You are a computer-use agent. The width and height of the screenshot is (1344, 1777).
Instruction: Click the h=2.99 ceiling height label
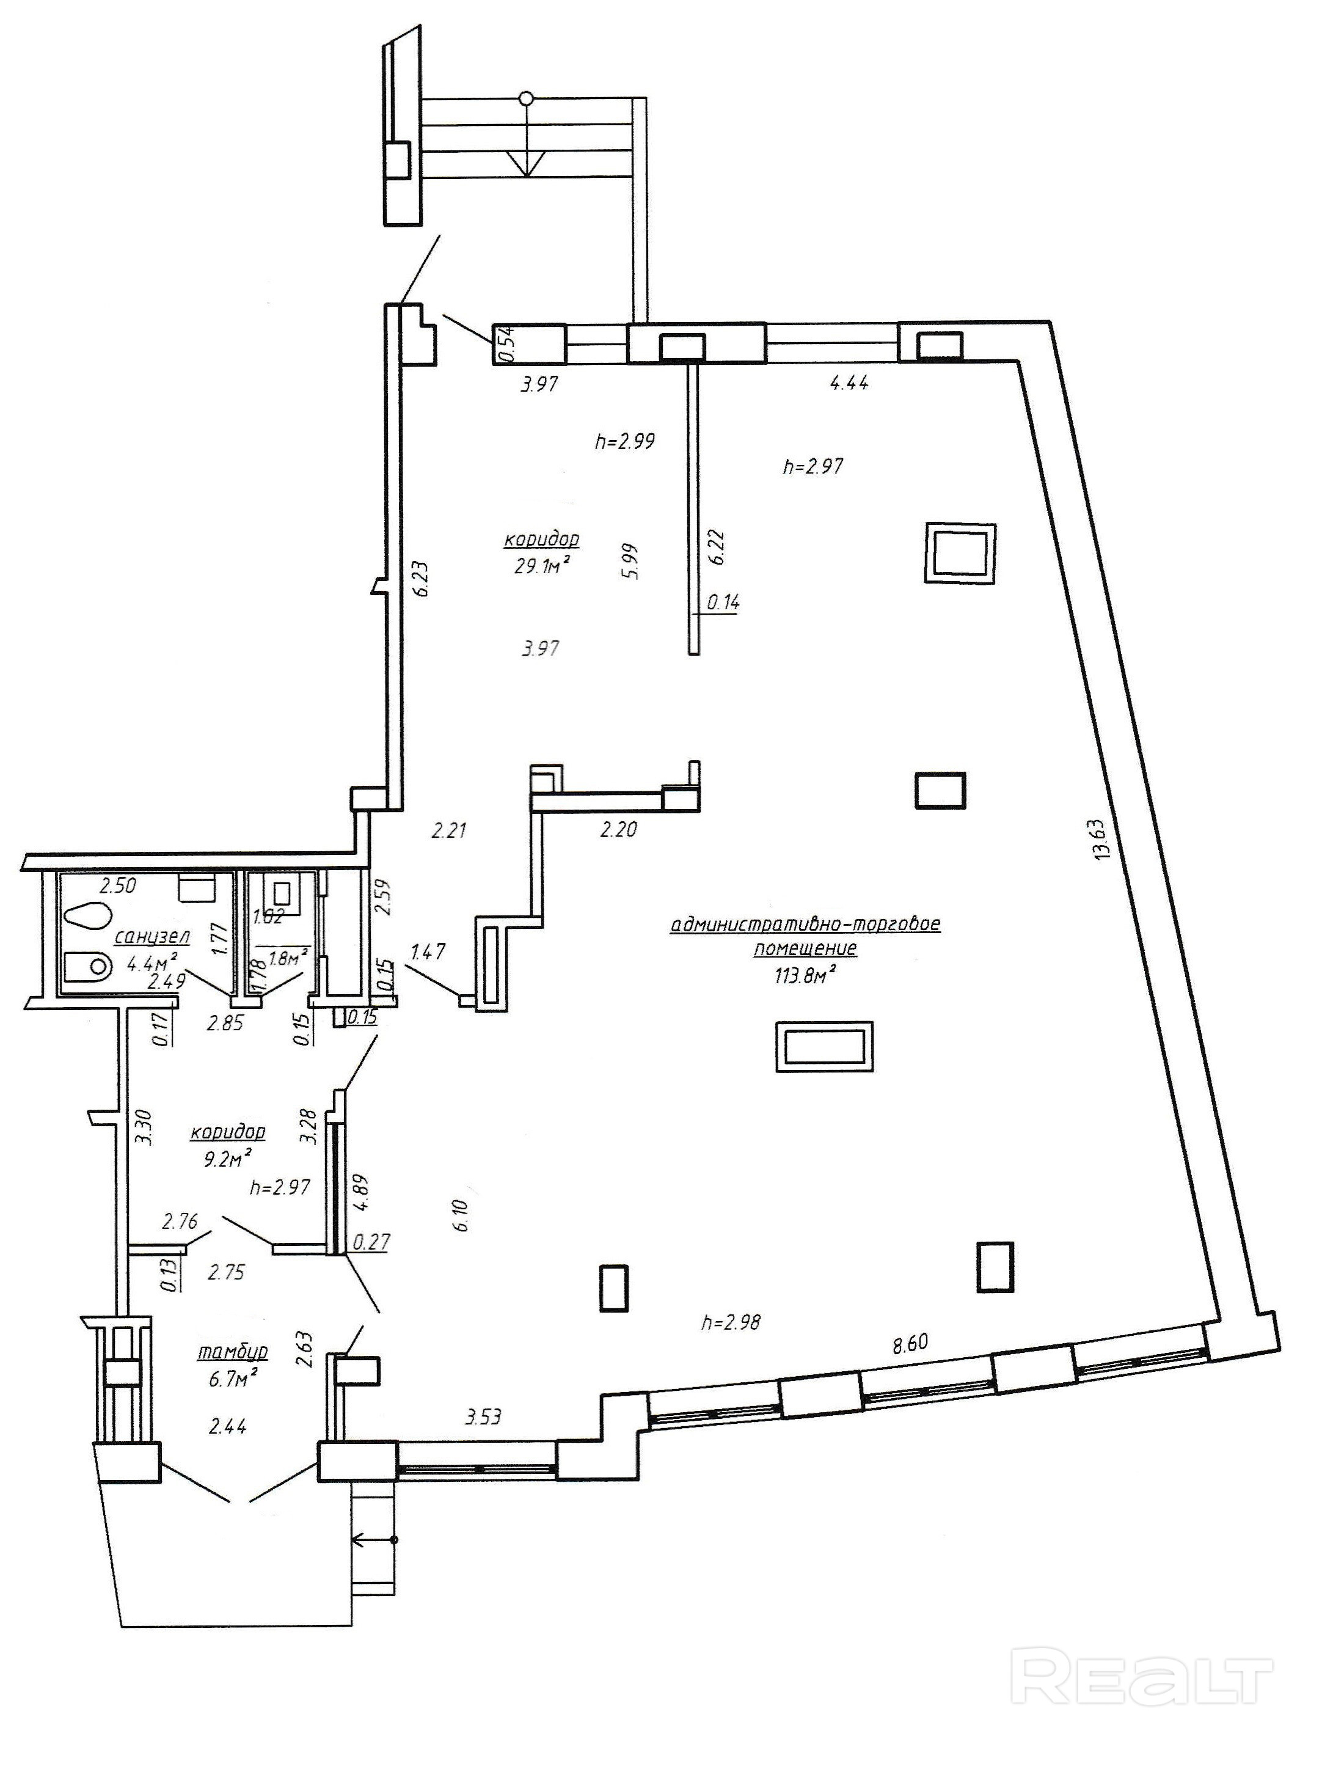(625, 441)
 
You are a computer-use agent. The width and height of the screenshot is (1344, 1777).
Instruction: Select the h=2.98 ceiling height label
(730, 1322)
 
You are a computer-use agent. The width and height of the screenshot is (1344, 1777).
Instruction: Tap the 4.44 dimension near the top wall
(849, 383)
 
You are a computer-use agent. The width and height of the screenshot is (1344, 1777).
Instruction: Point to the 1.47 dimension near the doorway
(428, 953)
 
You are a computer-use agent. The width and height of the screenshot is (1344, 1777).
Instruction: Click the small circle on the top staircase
(525, 99)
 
